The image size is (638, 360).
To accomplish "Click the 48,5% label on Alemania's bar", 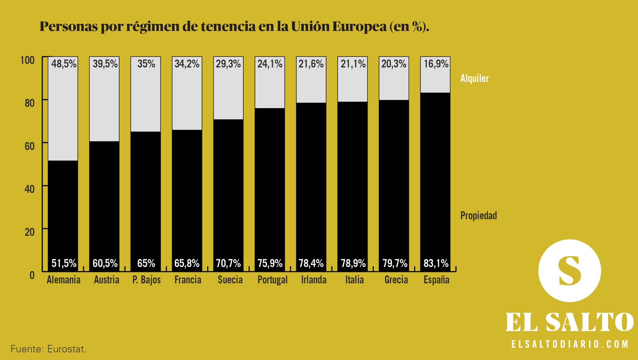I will (64, 64).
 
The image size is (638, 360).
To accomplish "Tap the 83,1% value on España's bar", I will (436, 263).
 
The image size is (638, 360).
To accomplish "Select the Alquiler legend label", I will (474, 78).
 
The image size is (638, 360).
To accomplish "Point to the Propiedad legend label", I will (478, 216).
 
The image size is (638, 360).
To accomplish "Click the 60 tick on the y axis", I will (29, 146).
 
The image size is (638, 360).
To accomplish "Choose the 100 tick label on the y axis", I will (27, 60).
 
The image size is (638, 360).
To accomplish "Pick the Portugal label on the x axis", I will (272, 280).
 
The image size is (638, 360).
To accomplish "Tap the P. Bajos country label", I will (146, 280).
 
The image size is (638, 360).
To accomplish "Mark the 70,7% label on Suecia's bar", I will (228, 263).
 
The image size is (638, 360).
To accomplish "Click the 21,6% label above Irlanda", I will (311, 64).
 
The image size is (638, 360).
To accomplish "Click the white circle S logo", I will (569, 271).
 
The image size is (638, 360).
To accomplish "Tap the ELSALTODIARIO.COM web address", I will (570, 344).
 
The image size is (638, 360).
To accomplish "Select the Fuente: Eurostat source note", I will (48, 349).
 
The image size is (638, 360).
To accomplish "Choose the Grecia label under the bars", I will (396, 280).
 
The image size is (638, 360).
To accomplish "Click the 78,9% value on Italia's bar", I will (353, 263).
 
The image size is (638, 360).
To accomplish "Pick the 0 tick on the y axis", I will (32, 275).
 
